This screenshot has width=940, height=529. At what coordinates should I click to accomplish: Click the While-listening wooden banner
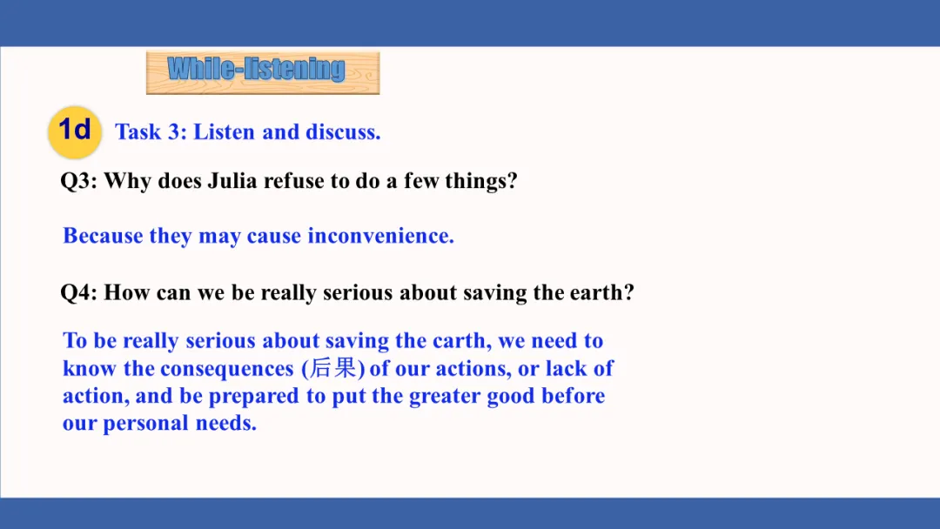click(263, 72)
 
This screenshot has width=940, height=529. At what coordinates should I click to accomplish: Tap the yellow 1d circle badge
click(75, 131)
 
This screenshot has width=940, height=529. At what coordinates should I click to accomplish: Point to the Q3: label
click(79, 181)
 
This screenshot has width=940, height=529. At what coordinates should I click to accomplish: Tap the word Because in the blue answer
click(103, 236)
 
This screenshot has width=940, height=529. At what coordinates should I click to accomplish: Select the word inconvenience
click(380, 236)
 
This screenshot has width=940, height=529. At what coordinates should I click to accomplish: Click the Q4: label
click(79, 293)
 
